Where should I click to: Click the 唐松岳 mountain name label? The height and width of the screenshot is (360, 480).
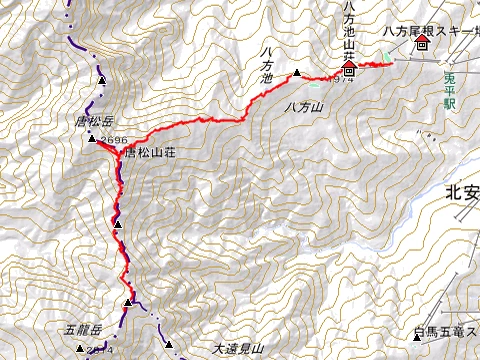tap(94, 122)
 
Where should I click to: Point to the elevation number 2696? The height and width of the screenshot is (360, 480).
tap(113, 141)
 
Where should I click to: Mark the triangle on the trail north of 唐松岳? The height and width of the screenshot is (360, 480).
tap(102, 79)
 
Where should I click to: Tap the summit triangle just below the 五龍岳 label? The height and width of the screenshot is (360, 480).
tap(80, 347)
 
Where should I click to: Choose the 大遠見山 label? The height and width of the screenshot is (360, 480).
tap(237, 349)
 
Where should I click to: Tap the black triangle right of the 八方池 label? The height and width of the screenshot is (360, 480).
tap(297, 73)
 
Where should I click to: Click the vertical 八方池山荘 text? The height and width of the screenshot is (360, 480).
tap(348, 29)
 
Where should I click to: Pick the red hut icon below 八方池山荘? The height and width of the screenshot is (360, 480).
tap(349, 71)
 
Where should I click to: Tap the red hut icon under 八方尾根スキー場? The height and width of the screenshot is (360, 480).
tap(422, 45)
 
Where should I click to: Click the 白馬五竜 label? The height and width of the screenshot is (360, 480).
tap(441, 330)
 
